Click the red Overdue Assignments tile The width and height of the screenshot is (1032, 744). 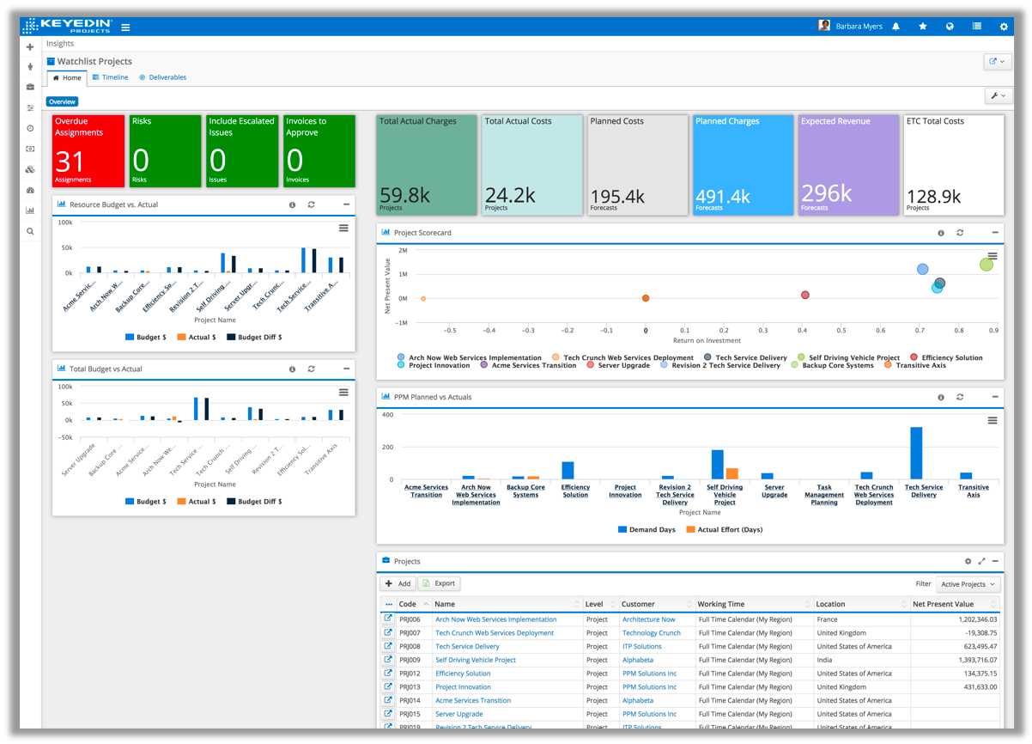pyautogui.click(x=88, y=151)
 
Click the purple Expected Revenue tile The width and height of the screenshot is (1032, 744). pyautogui.click(x=847, y=164)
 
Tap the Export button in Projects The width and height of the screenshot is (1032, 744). pyautogui.click(x=439, y=583)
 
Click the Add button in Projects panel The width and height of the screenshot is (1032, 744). pyautogui.click(x=398, y=583)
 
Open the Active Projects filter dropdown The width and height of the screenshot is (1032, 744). pyautogui.click(x=968, y=584)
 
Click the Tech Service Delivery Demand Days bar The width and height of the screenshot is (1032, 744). pyautogui.click(x=916, y=453)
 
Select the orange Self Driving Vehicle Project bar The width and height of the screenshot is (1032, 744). pyautogui.click(x=732, y=473)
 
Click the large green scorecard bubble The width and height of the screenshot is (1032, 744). pyautogui.click(x=986, y=264)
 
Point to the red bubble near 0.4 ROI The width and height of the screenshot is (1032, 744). pyautogui.click(x=805, y=295)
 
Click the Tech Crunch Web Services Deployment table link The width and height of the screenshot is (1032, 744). pyautogui.click(x=495, y=633)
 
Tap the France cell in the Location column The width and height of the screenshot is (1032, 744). pyautogui.click(x=828, y=619)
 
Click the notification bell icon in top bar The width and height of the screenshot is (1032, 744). pyautogui.click(x=895, y=27)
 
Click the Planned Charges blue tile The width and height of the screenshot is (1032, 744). pyautogui.click(x=742, y=164)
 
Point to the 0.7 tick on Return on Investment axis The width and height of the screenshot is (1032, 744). pyautogui.click(x=919, y=330)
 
